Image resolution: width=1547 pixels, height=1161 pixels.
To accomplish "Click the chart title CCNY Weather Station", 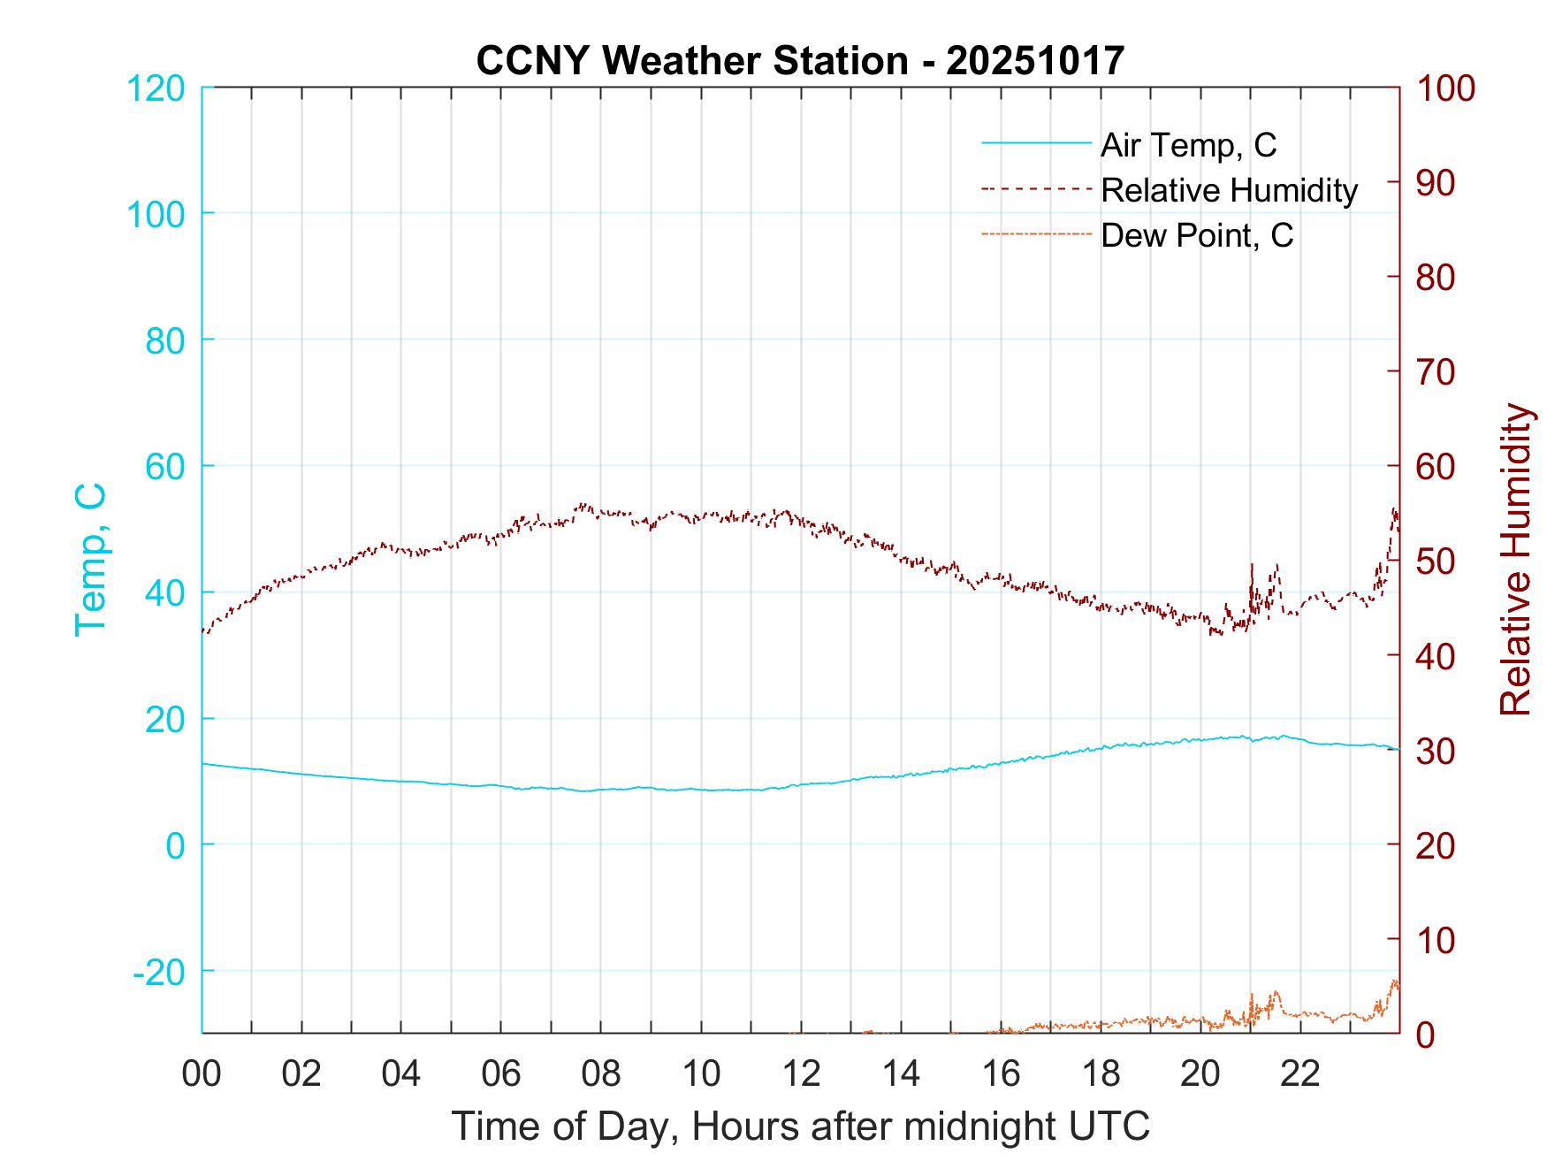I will (800, 61).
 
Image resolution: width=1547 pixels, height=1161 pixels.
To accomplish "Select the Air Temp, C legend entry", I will (1187, 145).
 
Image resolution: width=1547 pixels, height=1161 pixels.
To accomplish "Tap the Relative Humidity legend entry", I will (1228, 190).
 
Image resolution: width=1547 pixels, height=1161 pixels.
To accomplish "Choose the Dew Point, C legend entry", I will (1196, 235).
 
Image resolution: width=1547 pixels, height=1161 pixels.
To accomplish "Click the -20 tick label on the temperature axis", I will (159, 972).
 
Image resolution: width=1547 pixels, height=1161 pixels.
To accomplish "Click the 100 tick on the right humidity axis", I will (1445, 88).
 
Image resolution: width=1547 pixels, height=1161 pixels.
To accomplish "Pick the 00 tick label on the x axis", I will (202, 1073).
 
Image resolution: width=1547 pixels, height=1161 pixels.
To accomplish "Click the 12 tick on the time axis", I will (801, 1073).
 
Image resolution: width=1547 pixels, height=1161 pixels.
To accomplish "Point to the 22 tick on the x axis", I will (1300, 1073).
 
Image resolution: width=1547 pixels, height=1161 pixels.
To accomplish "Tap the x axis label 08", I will (601, 1073).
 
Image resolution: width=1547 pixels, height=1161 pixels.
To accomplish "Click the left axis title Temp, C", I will (90, 559).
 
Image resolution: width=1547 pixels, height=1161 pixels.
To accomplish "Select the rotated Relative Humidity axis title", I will (1516, 559).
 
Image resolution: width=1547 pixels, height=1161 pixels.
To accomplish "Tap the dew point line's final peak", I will (1395, 981).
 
